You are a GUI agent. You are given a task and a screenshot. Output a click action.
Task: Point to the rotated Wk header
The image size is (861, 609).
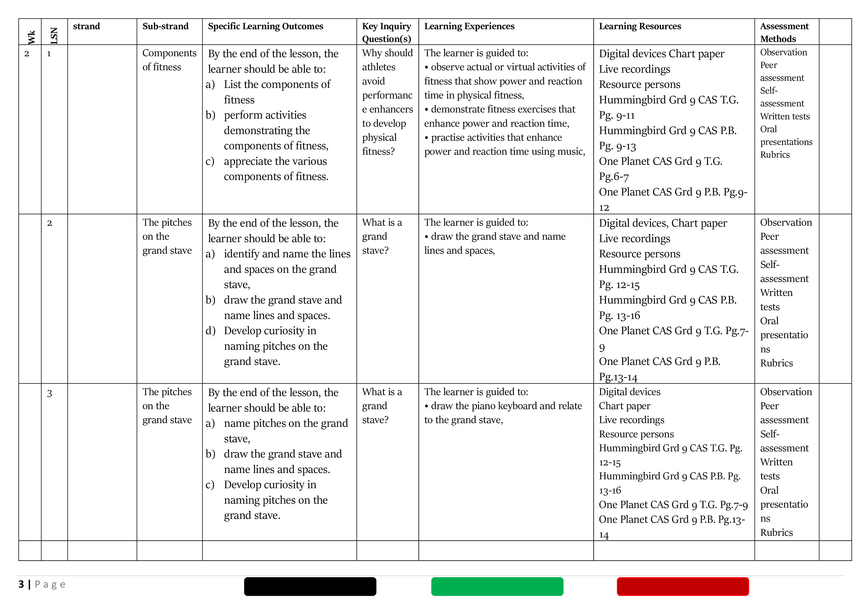click(x=31, y=37)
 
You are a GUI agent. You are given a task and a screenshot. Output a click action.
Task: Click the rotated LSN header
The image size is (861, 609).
click(x=54, y=36)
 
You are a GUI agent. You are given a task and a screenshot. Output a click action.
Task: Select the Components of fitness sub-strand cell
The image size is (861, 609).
click(x=169, y=60)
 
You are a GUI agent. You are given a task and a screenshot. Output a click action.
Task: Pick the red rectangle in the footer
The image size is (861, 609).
click(x=683, y=586)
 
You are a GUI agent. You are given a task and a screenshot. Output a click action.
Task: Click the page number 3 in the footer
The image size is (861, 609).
click(x=21, y=584)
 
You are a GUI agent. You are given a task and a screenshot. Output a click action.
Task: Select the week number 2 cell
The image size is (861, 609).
click(x=27, y=54)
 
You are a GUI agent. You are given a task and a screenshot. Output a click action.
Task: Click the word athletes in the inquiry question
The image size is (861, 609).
click(x=378, y=67)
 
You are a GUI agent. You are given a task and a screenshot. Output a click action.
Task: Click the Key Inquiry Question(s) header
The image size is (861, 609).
click(x=386, y=32)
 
